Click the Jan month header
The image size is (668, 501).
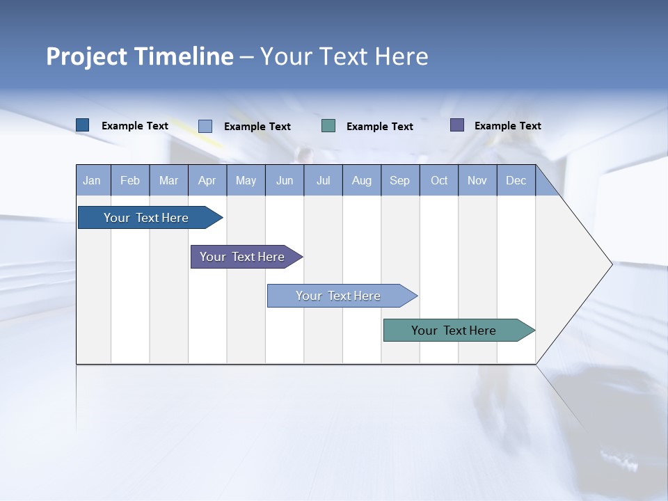(93, 181)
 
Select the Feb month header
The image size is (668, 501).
(130, 181)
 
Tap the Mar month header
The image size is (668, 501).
(168, 181)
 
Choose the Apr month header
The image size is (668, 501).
(207, 181)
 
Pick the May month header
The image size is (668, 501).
(246, 181)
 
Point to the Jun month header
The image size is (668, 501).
(285, 181)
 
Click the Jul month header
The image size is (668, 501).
(324, 181)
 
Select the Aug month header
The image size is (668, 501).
(362, 181)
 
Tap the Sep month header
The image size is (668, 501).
(400, 181)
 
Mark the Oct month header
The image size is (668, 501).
(439, 181)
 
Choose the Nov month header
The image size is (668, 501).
(477, 181)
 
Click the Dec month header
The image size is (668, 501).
(516, 181)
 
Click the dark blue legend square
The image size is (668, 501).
(83, 125)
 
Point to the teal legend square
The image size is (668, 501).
(328, 126)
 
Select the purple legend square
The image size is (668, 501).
(457, 125)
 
